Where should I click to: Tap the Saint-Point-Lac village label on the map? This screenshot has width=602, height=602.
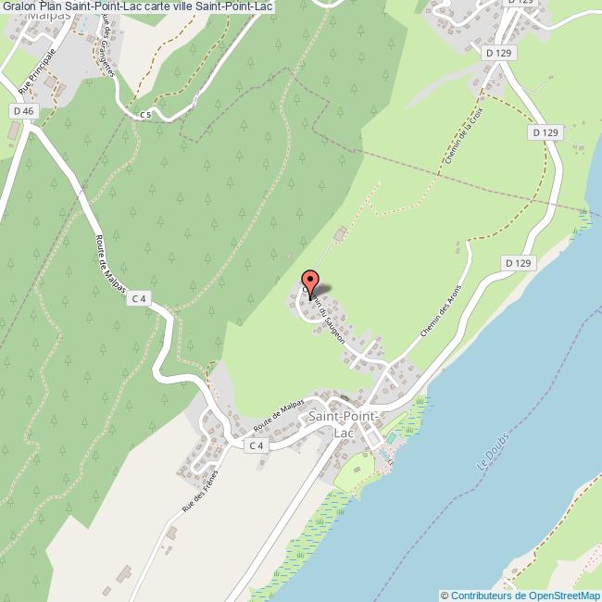pyautogui.click(x=343, y=425)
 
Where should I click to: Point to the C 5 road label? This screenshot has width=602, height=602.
pyautogui.click(x=144, y=115)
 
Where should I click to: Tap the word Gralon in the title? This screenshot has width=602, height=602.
pyautogui.click(x=19, y=7)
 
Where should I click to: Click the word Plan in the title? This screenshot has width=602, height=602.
pyautogui.click(x=52, y=7)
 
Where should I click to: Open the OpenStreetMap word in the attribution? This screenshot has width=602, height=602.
pyautogui.click(x=562, y=595)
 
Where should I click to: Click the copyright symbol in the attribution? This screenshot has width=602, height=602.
pyautogui.click(x=445, y=595)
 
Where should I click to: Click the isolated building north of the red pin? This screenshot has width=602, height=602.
pyautogui.click(x=340, y=234)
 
